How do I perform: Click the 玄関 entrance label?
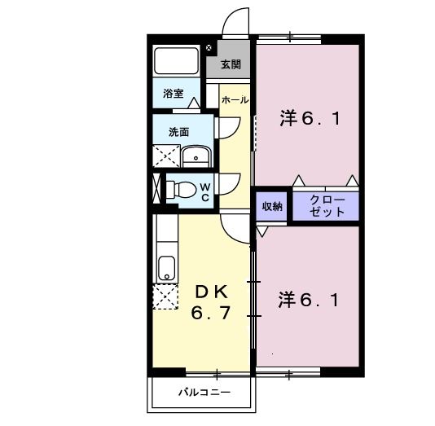coord(231,64)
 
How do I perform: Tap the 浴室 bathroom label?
coord(173,94)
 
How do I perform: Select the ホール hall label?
coord(235,99)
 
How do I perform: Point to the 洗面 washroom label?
coord(178,131)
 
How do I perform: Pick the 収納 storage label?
coord(272,207)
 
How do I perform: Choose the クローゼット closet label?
coord(327,205)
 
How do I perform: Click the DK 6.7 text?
coord(213,301)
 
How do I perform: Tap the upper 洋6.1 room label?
coord(309,119)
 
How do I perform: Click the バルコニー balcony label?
coord(204,393)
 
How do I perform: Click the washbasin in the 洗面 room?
coord(196,156)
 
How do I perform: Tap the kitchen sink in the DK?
coord(166,268)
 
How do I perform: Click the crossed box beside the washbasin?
coord(167,156)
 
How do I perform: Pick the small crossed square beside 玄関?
coord(209,49)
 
